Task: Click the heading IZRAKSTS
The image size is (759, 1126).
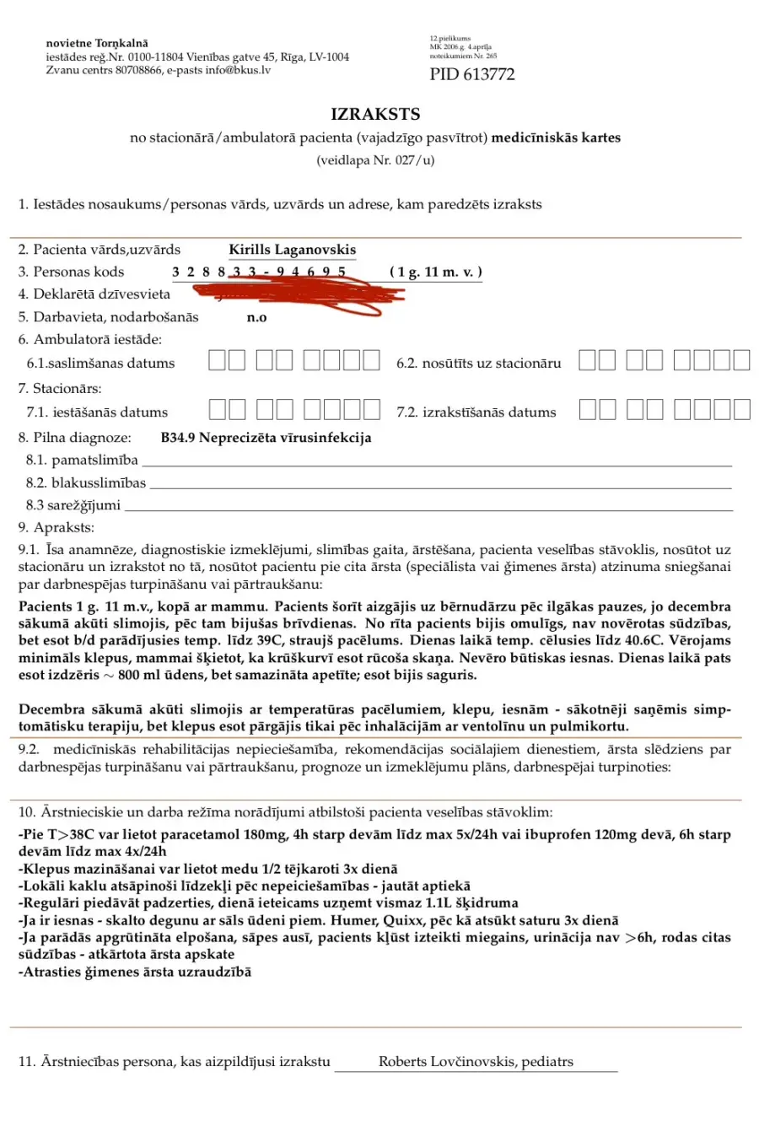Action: (x=375, y=114)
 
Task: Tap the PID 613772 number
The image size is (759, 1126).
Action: (x=471, y=74)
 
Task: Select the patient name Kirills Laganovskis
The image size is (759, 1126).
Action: (x=292, y=250)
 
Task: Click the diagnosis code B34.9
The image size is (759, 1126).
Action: (x=177, y=438)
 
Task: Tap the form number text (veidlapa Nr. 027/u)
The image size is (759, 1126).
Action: (x=375, y=160)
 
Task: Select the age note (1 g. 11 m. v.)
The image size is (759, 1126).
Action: (x=435, y=272)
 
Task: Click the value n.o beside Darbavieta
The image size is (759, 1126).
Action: (x=256, y=317)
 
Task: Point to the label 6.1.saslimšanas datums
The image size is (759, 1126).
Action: (x=100, y=364)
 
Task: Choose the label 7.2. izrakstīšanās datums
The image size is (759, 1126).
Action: (x=476, y=412)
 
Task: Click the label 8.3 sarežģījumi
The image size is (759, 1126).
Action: (x=73, y=505)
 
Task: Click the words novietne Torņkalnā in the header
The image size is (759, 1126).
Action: (x=97, y=43)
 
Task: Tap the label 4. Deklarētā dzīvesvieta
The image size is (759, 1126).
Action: (x=94, y=294)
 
